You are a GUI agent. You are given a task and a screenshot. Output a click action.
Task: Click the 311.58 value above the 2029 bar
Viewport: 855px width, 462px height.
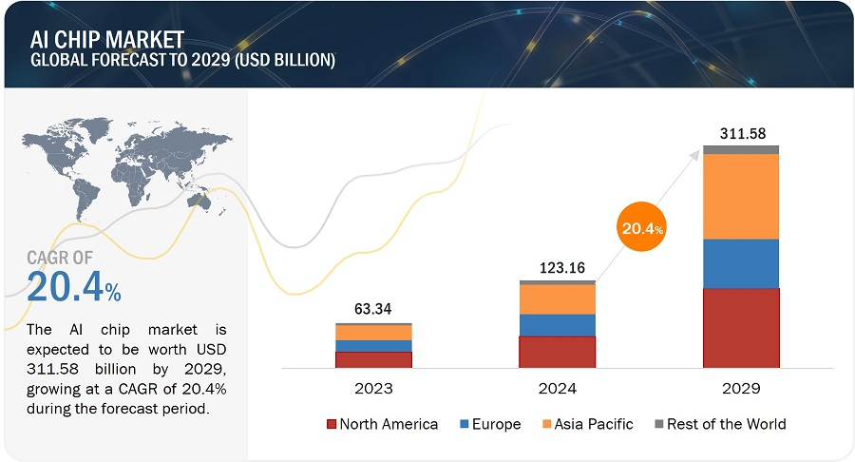(741, 131)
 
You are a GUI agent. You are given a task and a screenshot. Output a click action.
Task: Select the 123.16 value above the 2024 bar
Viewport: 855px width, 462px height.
(557, 267)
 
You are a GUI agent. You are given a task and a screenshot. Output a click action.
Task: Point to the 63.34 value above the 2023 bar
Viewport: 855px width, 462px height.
(373, 309)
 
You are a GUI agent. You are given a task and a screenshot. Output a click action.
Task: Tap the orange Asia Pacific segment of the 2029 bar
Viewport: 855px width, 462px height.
(741, 196)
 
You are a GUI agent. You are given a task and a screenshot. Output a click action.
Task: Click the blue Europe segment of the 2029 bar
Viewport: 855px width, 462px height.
(741, 263)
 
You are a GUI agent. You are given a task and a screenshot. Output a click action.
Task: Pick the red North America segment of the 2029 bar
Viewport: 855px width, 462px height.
(741, 327)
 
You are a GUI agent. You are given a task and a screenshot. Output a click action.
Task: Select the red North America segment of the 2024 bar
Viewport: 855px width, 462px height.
(557, 351)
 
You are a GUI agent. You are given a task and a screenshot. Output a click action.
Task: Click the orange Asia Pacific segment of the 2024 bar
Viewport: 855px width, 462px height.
(557, 299)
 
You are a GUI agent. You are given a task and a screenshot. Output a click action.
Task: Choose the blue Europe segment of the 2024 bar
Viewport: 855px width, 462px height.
(557, 325)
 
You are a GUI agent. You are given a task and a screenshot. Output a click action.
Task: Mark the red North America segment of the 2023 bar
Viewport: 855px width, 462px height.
(373, 359)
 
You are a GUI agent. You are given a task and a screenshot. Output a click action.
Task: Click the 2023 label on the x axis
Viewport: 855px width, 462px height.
(373, 389)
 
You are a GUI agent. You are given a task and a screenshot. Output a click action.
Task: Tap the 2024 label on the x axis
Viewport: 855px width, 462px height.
(557, 389)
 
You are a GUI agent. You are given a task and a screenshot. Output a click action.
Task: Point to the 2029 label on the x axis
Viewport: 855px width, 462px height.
(741, 389)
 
